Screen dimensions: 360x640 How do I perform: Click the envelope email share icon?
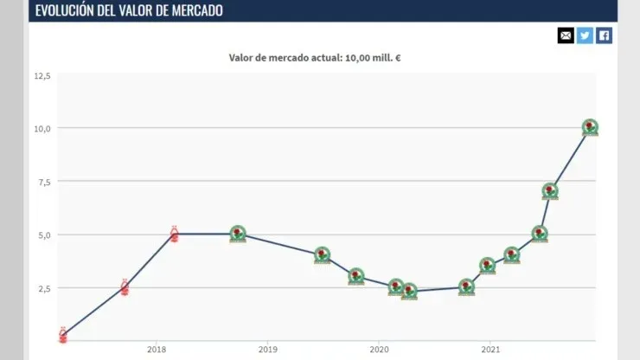point(566,35)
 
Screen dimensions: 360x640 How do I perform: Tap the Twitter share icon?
point(585,35)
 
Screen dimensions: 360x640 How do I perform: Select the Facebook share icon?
point(604,35)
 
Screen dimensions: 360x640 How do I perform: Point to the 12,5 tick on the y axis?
point(42,76)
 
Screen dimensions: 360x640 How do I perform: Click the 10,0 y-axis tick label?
point(42,128)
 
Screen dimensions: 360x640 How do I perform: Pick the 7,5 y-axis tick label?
point(42,182)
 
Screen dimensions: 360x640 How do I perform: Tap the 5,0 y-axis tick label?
point(42,235)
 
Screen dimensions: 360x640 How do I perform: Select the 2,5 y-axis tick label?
point(42,288)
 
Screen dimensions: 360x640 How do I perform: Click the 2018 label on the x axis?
point(157,350)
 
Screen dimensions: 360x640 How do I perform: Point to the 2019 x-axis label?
point(268,350)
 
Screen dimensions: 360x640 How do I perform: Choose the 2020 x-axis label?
point(379,350)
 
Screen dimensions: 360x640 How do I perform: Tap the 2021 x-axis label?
point(490,350)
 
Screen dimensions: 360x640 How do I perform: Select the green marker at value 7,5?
point(550,191)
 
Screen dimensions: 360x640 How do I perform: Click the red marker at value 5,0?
point(174,234)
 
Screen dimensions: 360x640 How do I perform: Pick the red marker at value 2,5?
point(125,287)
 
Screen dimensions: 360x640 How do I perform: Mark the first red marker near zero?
point(62,335)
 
